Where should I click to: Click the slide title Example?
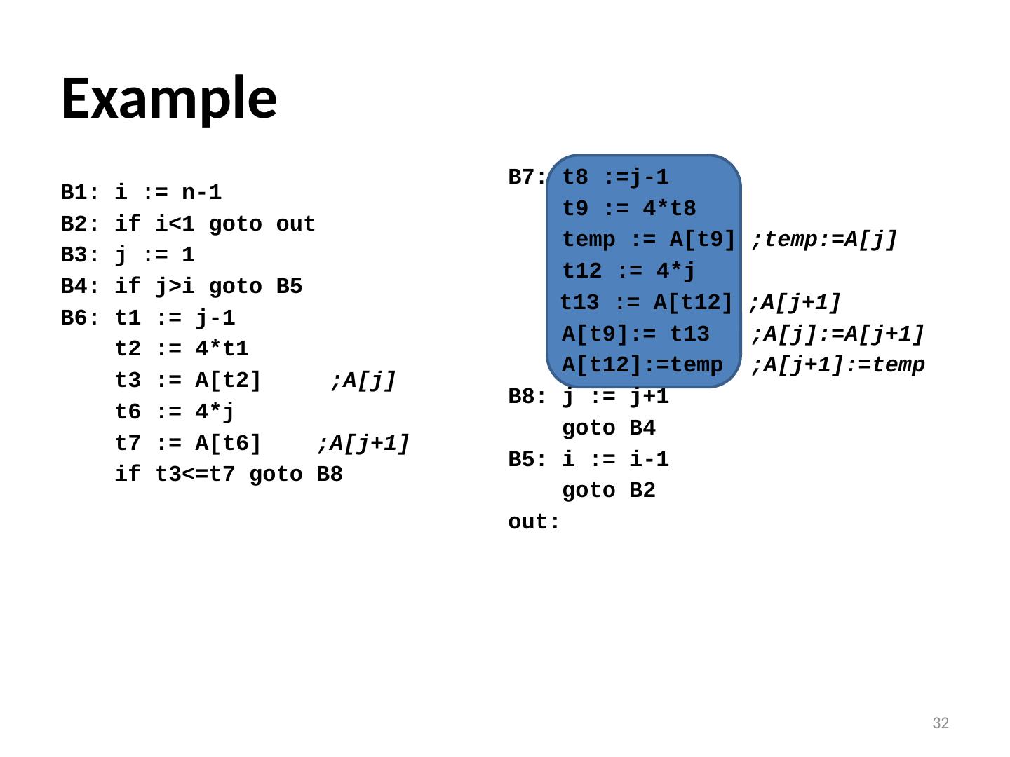(169, 97)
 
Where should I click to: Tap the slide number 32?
(940, 723)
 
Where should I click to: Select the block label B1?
(79, 192)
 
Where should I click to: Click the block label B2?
(79, 224)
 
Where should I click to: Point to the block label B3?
(79, 254)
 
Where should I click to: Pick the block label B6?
(79, 318)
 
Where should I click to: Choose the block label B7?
(527, 177)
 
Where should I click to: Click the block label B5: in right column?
(527, 460)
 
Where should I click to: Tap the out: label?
(534, 522)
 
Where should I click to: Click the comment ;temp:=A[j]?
(824, 240)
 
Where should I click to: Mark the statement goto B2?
(608, 491)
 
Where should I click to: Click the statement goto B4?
(608, 428)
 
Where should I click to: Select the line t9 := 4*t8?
(628, 209)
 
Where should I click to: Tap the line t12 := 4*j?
(628, 271)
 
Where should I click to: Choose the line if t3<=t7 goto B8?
(229, 475)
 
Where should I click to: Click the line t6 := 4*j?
(175, 412)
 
